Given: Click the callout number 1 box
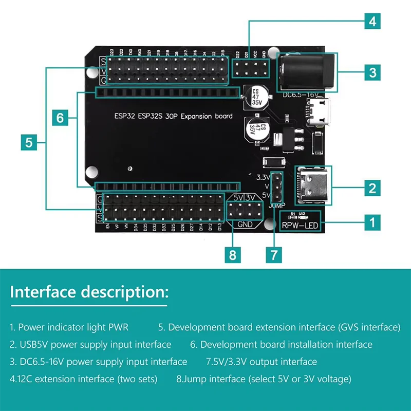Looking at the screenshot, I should coord(372,222).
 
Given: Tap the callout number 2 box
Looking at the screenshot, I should coord(372,188).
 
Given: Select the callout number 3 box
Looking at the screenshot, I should coord(372,72).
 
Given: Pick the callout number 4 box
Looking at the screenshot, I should coord(372,22).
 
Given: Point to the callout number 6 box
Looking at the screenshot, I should coord(60,118).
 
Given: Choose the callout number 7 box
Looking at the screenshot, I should coord(274,254).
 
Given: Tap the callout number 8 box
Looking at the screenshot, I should coord(233,254).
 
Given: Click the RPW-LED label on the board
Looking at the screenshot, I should coord(300,225).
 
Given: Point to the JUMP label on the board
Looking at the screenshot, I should coord(276,204).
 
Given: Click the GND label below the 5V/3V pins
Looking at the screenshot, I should coord(245,224).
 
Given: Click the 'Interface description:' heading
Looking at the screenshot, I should coord(89,292).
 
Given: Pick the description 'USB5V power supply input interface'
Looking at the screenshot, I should coord(90,344).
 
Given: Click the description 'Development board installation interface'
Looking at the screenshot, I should coord(281,344).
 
